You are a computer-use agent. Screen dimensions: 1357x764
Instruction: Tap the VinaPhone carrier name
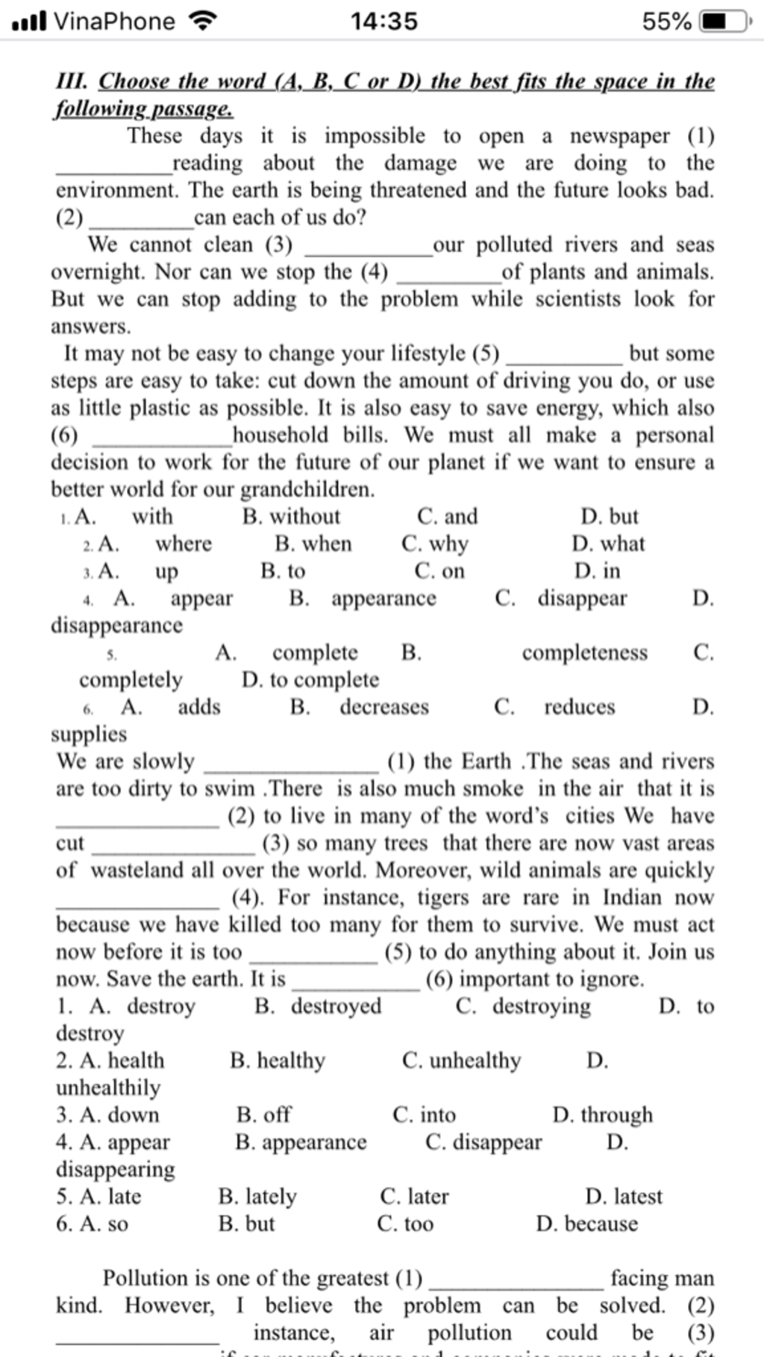(x=114, y=21)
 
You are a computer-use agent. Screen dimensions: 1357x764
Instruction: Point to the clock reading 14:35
(x=384, y=21)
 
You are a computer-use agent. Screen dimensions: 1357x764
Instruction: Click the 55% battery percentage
(x=666, y=21)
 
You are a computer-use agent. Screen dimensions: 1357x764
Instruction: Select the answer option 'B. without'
(x=291, y=516)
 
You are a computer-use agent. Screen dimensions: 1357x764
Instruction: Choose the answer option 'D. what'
(x=608, y=544)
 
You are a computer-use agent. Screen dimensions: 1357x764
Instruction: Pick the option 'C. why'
(x=435, y=544)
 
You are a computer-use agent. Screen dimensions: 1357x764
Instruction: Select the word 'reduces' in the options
(x=580, y=706)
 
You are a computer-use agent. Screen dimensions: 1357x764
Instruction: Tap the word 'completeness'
(x=585, y=652)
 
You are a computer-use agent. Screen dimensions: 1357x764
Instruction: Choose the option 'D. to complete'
(x=310, y=679)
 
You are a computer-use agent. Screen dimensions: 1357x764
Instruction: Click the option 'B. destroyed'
(x=318, y=1006)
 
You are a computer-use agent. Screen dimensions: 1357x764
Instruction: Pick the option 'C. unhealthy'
(x=461, y=1060)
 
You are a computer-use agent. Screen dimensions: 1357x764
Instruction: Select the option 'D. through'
(x=603, y=1115)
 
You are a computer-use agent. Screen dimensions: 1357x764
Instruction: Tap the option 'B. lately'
(x=257, y=1196)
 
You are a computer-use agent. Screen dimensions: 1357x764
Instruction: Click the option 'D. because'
(x=587, y=1224)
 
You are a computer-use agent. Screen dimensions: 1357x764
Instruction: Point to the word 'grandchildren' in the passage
(x=307, y=490)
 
